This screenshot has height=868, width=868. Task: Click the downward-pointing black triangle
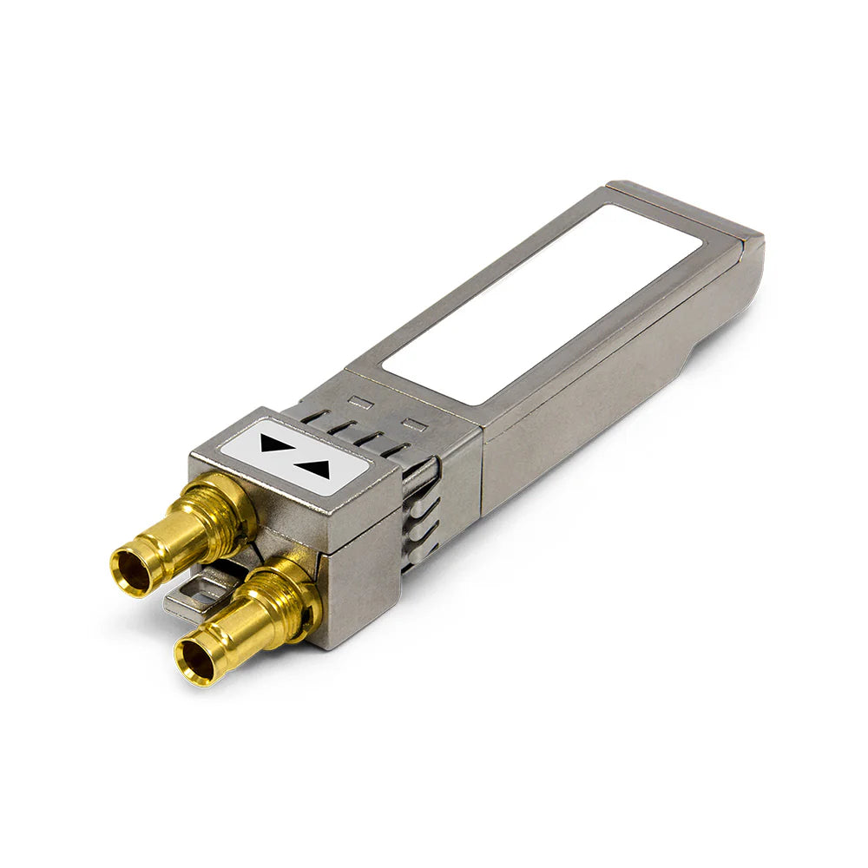click(x=271, y=444)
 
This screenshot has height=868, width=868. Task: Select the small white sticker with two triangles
click(x=293, y=457)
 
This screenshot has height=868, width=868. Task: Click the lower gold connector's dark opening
click(x=195, y=661)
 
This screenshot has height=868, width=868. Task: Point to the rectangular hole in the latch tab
click(x=201, y=593)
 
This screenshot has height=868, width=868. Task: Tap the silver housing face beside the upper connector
click(x=286, y=512)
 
